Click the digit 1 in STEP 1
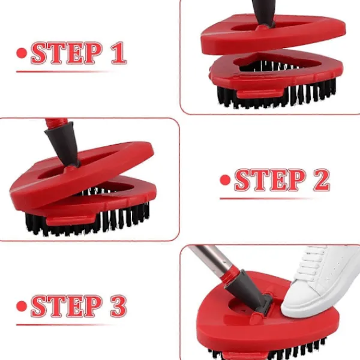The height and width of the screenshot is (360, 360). tap(119, 53)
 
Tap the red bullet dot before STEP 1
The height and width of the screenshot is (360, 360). tap(22, 53)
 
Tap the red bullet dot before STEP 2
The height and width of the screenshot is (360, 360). tap(225, 180)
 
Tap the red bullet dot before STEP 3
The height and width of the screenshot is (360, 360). tap(22, 306)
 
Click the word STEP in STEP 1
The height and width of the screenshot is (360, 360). tap(67, 53)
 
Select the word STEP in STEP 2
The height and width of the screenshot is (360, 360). tap(270, 180)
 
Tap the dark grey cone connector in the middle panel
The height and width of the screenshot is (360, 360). tap(63, 143)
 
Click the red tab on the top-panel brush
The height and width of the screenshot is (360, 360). tap(260, 93)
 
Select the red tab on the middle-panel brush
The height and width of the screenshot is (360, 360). tap(71, 220)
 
